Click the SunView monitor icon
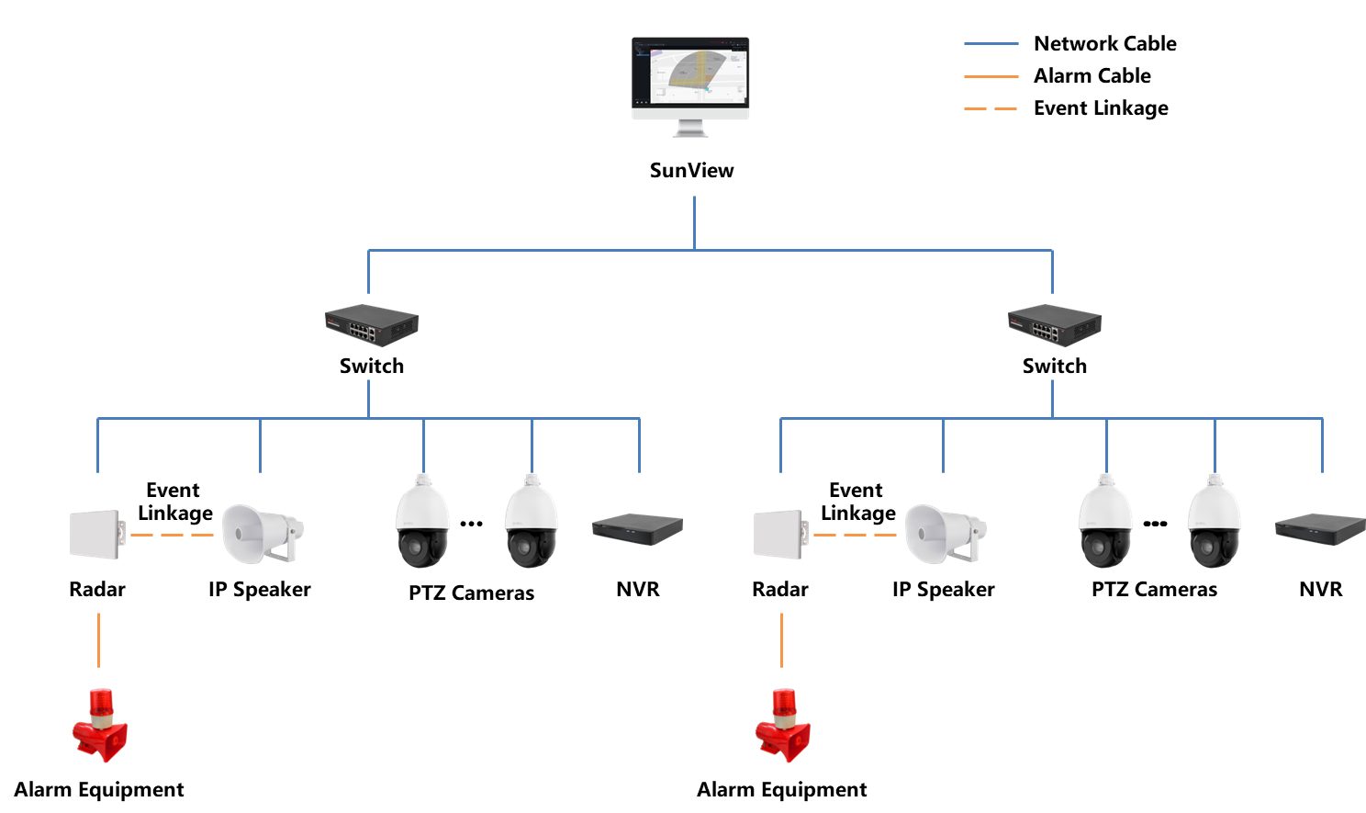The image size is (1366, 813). tap(690, 83)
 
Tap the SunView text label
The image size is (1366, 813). tap(691, 170)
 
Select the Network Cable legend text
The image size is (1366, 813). tap(1104, 43)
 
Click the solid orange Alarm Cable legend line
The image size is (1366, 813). tap(991, 76)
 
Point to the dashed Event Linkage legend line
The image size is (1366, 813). tap(991, 108)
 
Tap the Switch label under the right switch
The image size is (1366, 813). tap(1054, 366)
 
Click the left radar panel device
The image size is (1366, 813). tap(96, 534)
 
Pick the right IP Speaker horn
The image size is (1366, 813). tap(944, 534)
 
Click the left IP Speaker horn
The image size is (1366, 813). tap(261, 534)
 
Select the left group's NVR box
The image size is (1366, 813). tap(637, 528)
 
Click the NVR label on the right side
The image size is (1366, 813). tap(1320, 589)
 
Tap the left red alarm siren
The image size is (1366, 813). tap(99, 727)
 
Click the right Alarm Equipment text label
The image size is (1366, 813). tap(781, 789)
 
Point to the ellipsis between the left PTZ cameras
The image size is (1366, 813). tap(471, 523)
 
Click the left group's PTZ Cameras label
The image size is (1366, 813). tap(471, 593)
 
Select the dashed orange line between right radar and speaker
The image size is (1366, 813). tap(855, 535)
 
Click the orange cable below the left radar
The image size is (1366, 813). tap(98, 639)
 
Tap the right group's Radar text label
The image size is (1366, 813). tap(779, 589)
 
